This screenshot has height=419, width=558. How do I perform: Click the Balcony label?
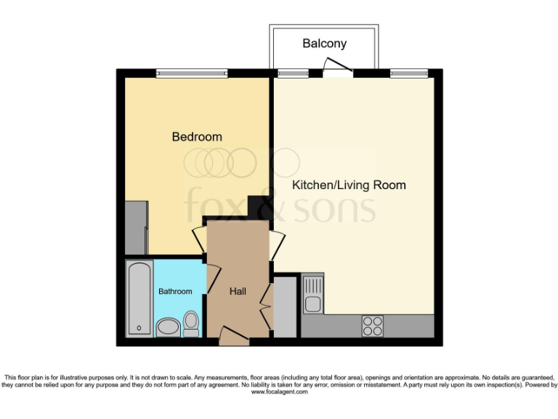pos(324,44)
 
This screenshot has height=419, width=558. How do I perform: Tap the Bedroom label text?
pos(196,137)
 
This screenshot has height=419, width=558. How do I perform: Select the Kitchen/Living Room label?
pos(349,185)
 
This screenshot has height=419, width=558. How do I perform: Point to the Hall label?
pos(238,292)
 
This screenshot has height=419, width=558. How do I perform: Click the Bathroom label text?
pos(175,292)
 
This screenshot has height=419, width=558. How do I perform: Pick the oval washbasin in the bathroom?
pos(168,327)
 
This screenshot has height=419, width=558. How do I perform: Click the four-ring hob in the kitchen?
pos(373,325)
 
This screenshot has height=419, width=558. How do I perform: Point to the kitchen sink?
pos(312,295)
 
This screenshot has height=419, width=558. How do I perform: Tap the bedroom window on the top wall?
pos(192,73)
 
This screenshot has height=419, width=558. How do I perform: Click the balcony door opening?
pos(338,72)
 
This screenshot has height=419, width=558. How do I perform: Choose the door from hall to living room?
pos(275,246)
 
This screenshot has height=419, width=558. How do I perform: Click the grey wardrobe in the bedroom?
pos(136,226)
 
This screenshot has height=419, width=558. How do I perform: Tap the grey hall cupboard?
pos(285,306)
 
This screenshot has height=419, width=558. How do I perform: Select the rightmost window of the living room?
pos(408,73)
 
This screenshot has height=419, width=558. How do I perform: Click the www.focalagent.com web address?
pos(279,392)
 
